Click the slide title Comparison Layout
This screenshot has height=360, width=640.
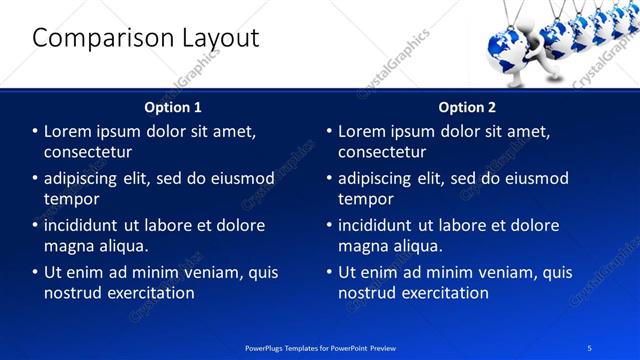(x=146, y=38)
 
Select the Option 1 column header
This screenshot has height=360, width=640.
(x=173, y=107)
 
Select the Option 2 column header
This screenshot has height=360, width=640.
(x=467, y=107)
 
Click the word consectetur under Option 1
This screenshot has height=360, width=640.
(x=88, y=152)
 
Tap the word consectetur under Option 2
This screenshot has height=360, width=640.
(x=382, y=152)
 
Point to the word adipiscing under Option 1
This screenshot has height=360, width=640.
(x=86, y=179)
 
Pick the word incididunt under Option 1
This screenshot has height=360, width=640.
(x=85, y=225)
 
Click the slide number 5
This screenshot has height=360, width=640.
(x=590, y=347)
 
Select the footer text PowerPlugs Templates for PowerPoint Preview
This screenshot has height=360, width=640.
(x=320, y=347)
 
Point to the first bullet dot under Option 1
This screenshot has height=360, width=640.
(x=35, y=131)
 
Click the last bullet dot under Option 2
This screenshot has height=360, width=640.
(x=329, y=272)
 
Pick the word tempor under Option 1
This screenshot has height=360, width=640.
(x=68, y=199)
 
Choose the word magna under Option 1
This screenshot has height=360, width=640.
(x=68, y=246)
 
